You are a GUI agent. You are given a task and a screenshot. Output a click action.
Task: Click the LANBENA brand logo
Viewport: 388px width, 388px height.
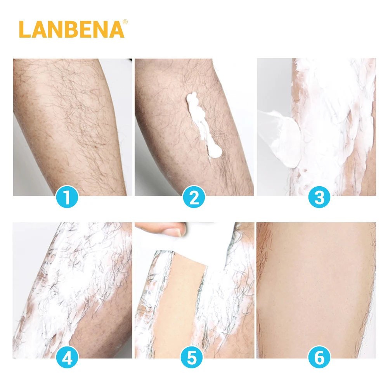pyautogui.click(x=71, y=29)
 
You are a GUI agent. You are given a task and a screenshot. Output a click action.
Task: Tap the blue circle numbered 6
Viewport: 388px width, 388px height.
pyautogui.click(x=319, y=358)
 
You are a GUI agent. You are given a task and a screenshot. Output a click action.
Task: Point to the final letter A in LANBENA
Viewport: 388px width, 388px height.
pyautogui.click(x=116, y=29)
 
